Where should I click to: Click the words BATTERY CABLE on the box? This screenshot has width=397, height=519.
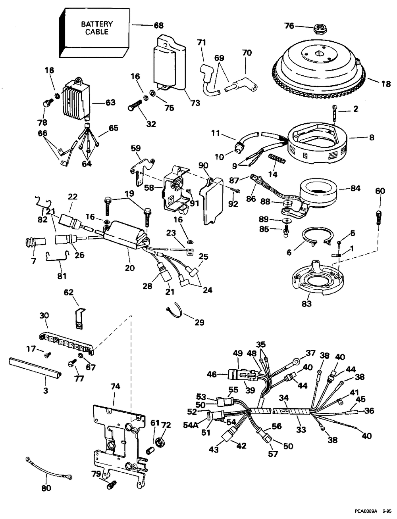coord(97,28)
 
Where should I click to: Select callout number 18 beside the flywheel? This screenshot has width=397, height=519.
coord(385,84)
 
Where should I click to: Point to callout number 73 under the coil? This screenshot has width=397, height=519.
coord(195,103)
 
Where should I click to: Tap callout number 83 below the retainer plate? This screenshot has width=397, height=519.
coord(306,304)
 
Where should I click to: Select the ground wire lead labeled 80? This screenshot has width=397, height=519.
coord(48,468)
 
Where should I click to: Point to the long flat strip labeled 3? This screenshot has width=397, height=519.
coord(35,367)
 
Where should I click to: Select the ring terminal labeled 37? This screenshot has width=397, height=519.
coord(296,361)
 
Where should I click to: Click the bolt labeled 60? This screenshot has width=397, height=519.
coord(378,217)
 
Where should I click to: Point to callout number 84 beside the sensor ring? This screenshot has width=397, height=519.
coord(355,188)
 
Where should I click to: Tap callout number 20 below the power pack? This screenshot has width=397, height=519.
coord(129,268)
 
